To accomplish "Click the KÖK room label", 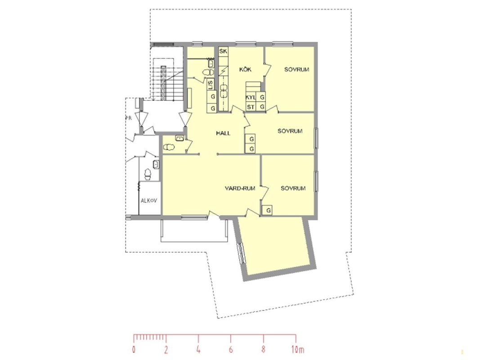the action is tap(245, 69).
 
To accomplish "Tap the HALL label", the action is tap(223, 133).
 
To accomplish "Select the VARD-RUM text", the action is tap(240, 188).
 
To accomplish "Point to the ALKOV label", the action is tap(149, 201).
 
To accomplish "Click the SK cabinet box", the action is tap(223, 51).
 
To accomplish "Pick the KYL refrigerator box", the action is tap(251, 97).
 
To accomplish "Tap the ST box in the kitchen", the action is tap(251, 107).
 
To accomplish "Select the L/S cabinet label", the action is tap(211, 85).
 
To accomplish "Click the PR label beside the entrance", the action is tap(129, 118).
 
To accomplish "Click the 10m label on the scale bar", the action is tap(297, 349).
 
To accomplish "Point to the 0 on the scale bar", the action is tap(134, 349).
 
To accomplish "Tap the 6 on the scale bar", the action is tap(231, 349).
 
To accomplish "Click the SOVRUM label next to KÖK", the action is tap(296, 69).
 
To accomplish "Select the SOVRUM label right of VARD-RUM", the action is tap(293, 188).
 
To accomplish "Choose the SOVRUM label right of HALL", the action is tap(290, 131).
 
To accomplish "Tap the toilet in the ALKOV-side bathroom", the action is tap(148, 174).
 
